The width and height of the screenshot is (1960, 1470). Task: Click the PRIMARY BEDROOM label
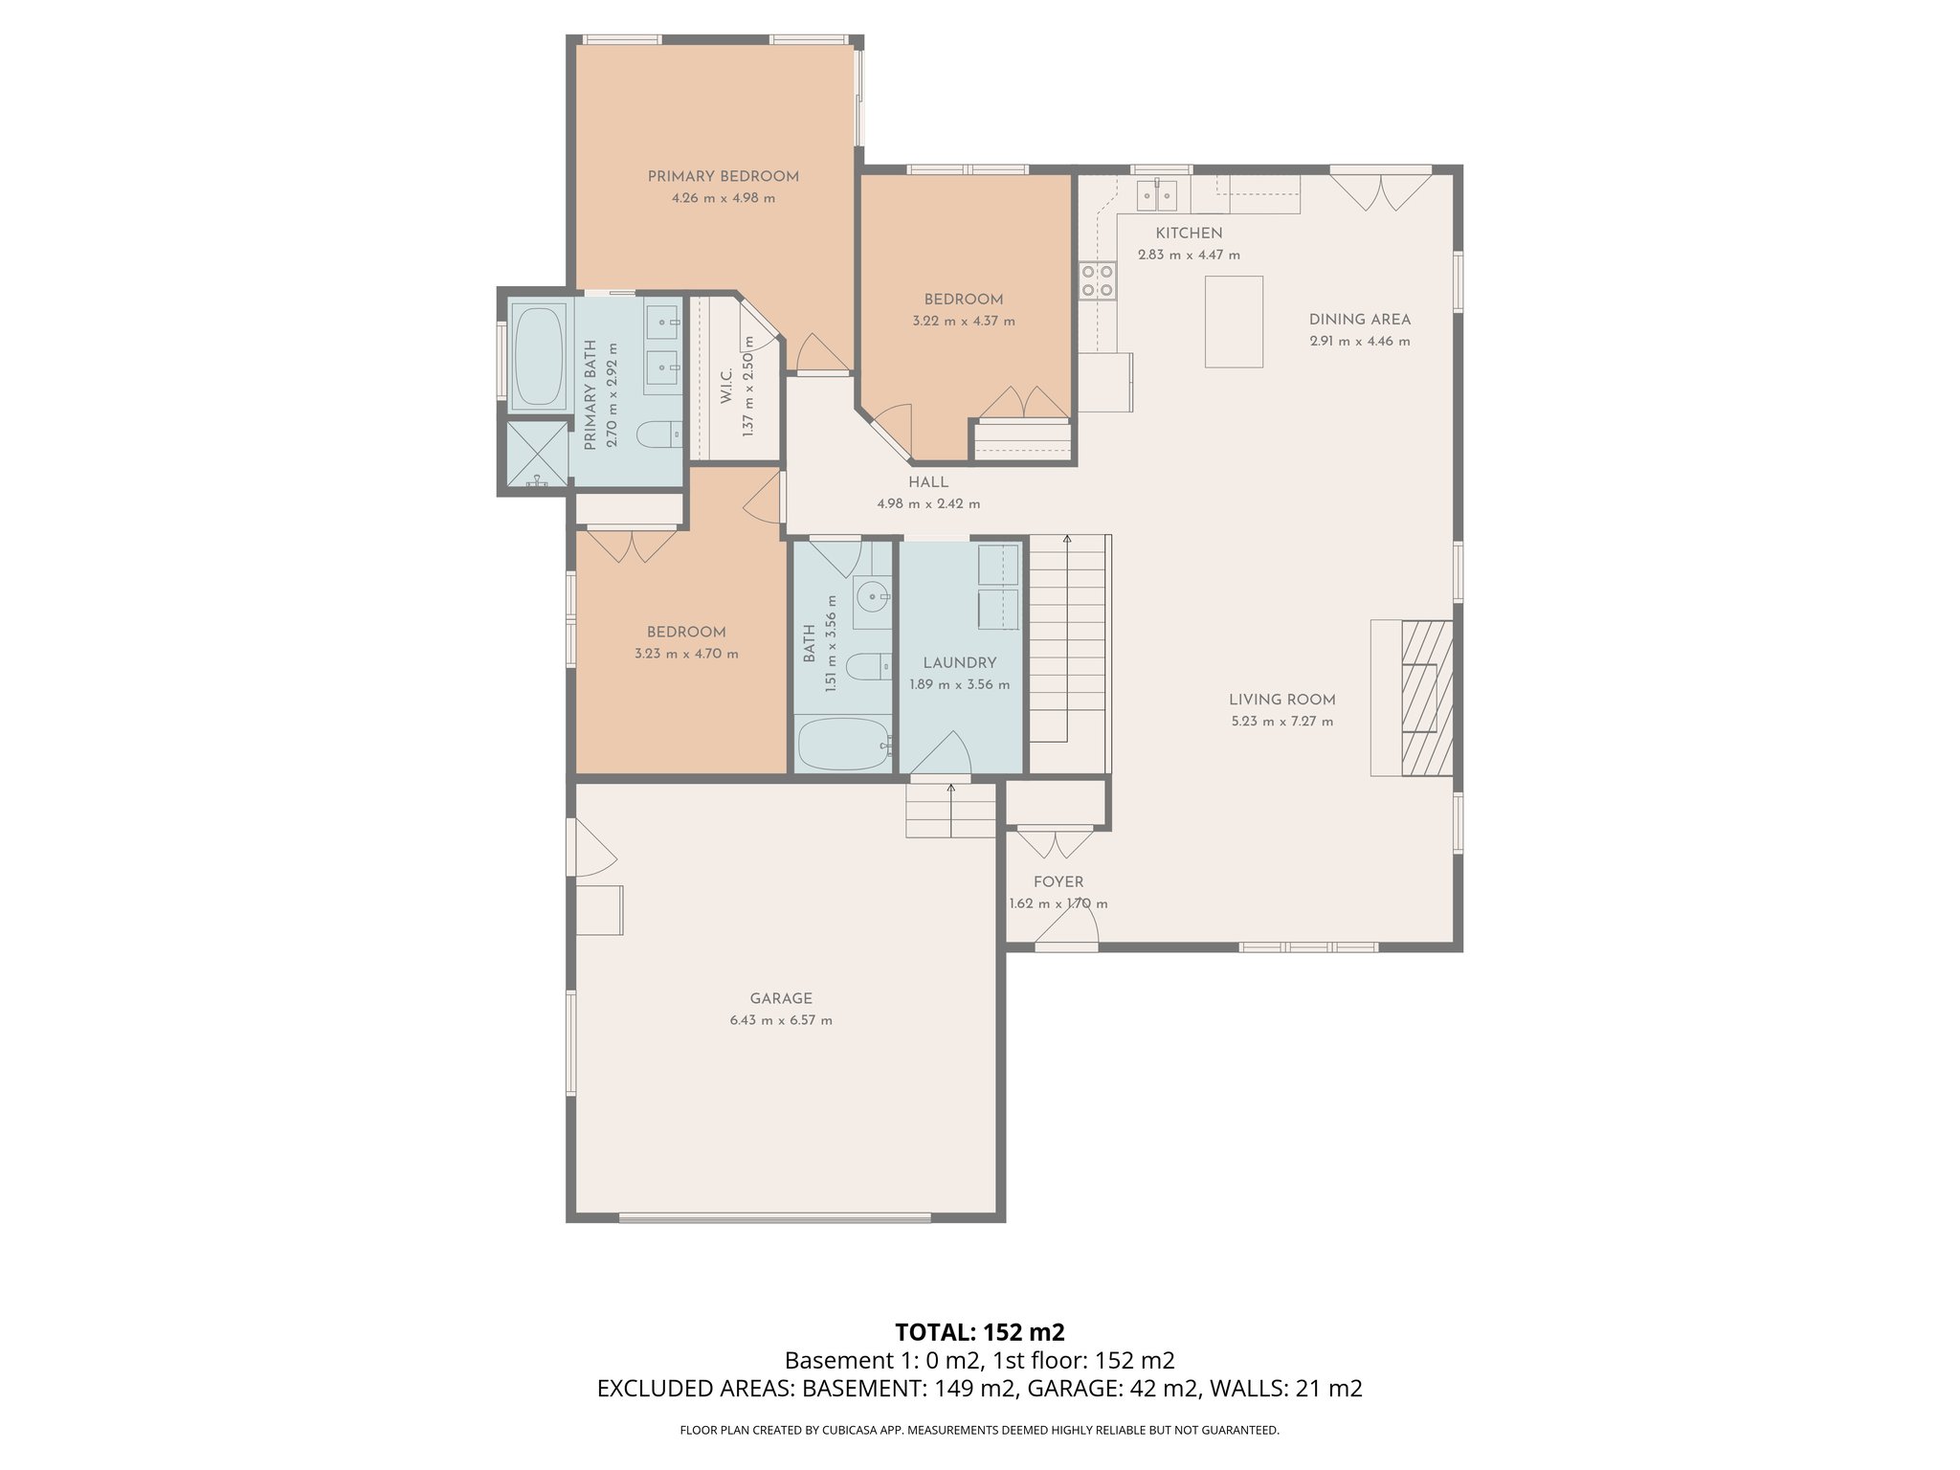723,176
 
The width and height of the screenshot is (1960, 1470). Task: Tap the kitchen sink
1156,194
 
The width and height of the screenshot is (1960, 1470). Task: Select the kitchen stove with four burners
1097,279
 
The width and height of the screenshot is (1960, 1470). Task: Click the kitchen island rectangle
1234,322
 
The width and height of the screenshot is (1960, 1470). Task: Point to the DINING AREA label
1360,320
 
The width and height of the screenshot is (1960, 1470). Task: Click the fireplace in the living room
1426,698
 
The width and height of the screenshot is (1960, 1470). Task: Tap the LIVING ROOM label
1282,700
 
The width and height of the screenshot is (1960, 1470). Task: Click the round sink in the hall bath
873,597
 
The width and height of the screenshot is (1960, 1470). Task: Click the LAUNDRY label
960,662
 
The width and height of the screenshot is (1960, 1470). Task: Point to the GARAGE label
781,998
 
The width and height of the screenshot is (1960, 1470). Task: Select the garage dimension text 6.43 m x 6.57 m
781,1020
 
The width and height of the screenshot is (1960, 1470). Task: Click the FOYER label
1058,881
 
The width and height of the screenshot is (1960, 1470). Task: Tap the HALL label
928,482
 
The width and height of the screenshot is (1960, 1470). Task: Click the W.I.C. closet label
726,387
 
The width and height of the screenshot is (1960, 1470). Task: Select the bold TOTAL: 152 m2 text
980,1332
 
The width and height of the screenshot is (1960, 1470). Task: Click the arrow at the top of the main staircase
1067,541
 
